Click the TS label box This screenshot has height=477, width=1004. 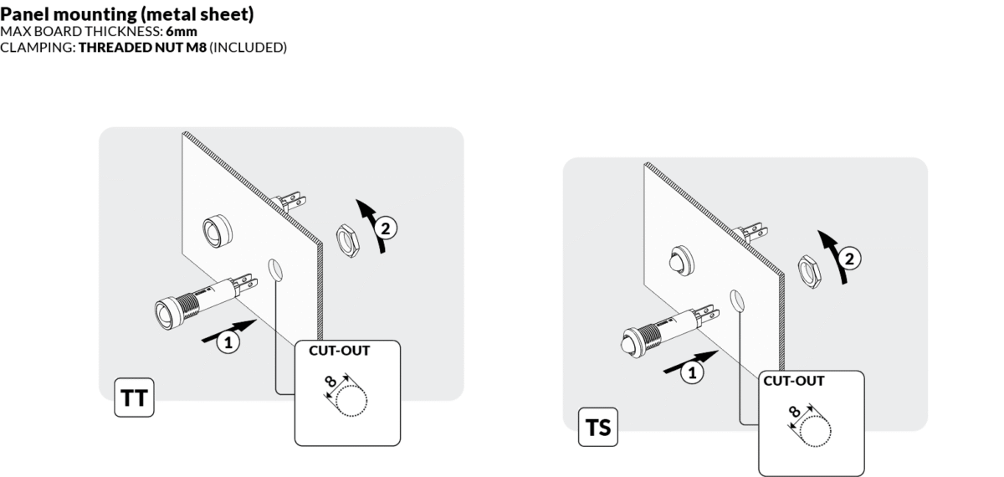pos(597,428)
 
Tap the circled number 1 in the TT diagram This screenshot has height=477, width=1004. pos(225,341)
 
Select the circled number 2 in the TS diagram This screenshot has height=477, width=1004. pos(849,258)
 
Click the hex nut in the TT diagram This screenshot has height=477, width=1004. pos(346,238)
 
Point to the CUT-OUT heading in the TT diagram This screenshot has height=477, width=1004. pos(339,351)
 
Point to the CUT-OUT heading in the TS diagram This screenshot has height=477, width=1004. pos(794,381)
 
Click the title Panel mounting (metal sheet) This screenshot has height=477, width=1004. pos(127,14)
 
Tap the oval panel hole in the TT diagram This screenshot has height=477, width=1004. pos(274,269)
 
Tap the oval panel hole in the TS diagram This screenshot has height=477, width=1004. pos(737,300)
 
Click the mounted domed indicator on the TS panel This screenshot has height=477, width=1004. pos(678,261)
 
